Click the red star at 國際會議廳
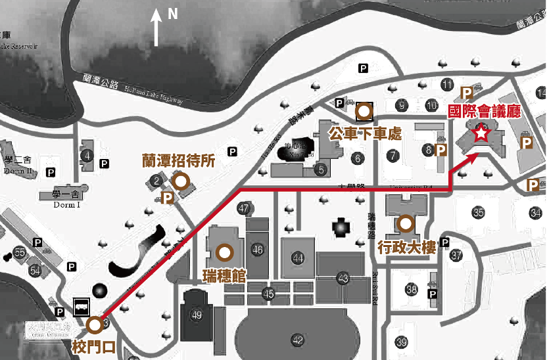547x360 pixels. point(481,134)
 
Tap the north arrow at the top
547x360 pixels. point(156,28)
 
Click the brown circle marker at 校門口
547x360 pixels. point(95,324)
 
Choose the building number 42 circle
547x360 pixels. point(298,340)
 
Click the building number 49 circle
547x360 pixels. point(196,315)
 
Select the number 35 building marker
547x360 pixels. point(478,212)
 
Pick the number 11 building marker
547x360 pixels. point(448,84)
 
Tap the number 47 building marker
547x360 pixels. point(245,209)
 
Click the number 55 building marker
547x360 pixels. point(19,252)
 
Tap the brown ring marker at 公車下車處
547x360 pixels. point(364,112)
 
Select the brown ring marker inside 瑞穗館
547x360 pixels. point(224,252)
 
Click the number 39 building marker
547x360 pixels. point(401,342)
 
